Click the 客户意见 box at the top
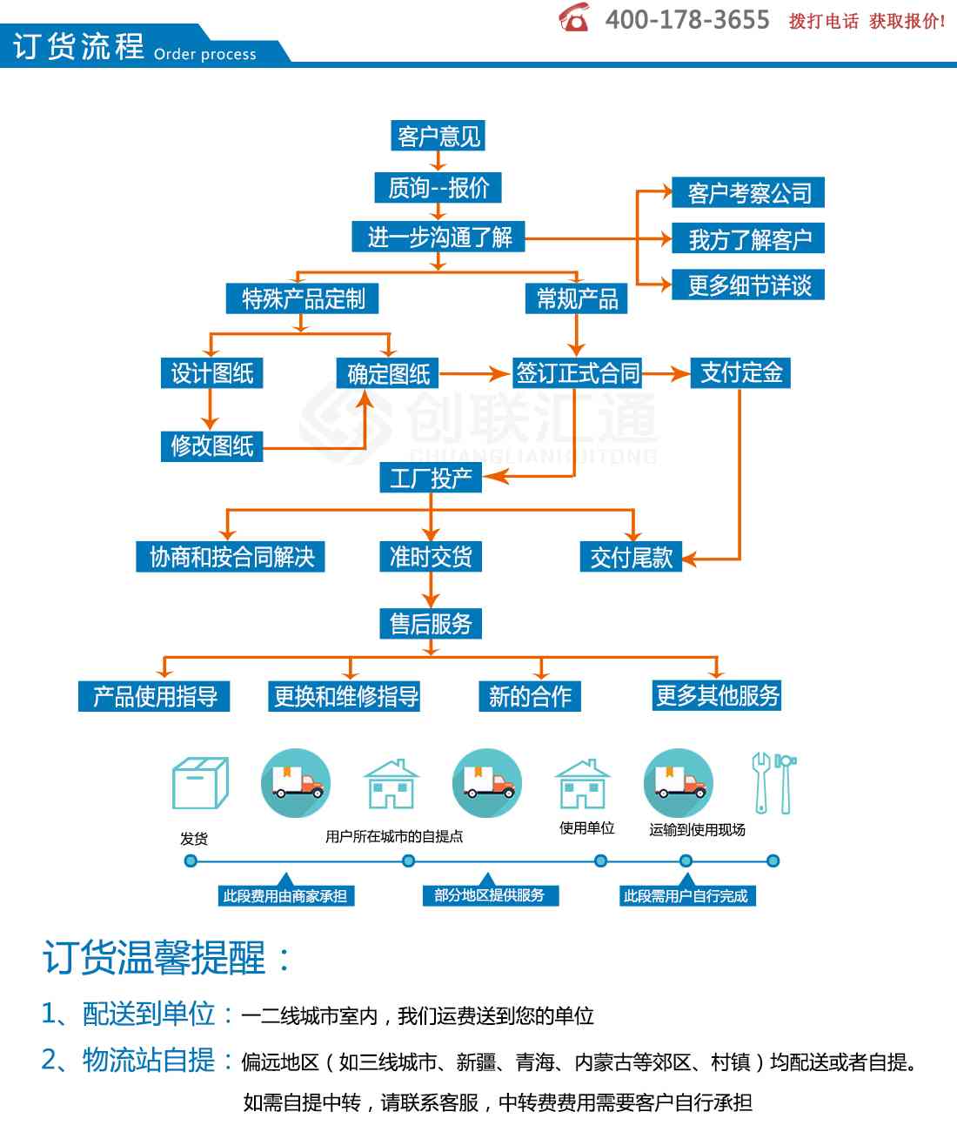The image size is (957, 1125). pos(438,136)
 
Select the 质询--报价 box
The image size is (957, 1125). pos(438,188)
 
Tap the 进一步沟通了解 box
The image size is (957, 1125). pos(438,236)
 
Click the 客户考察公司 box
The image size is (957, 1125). pos(748,192)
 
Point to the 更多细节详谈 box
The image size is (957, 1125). pos(748,285)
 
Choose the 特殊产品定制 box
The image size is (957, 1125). pos(302,298)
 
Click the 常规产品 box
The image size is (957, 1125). pos(576,298)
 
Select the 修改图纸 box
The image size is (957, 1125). pos(211,446)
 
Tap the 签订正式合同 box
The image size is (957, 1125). pos(577,372)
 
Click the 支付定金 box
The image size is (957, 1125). pos(740,372)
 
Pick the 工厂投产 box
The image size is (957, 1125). pos(431,478)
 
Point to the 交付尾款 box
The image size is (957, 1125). pos(631,556)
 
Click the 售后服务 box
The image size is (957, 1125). pos(431,623)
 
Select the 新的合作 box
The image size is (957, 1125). pos(530,696)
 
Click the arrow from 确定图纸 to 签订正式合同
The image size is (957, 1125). pos(474,373)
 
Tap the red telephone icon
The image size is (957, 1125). pos(573,17)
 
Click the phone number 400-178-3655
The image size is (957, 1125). pos(687,20)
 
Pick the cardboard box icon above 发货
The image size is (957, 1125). pos(200,783)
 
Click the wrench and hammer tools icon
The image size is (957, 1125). pos(773,783)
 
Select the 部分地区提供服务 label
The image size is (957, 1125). pos(491,895)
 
